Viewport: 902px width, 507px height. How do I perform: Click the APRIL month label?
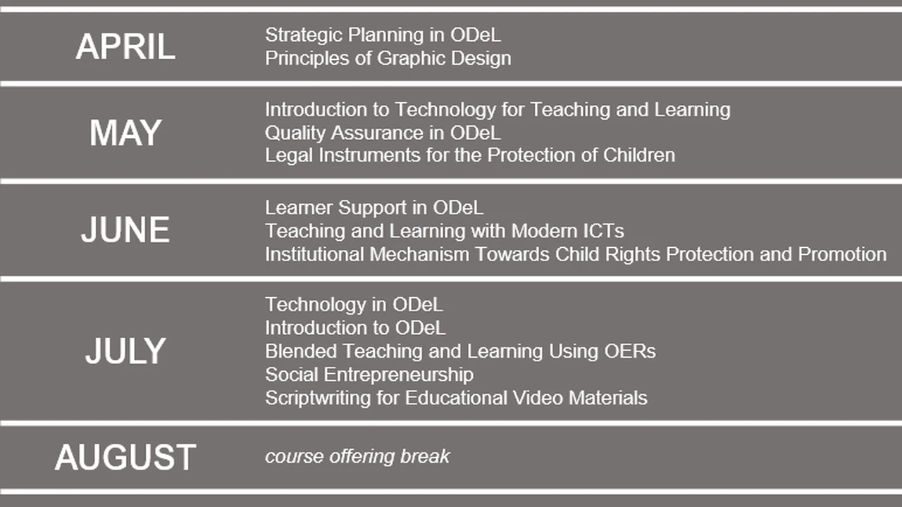click(x=125, y=46)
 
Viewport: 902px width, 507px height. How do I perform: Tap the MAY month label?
click(x=125, y=133)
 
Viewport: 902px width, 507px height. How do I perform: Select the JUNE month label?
click(x=125, y=230)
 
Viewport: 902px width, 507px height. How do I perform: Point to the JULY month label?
click(x=125, y=351)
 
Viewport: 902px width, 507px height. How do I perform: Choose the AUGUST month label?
click(x=125, y=457)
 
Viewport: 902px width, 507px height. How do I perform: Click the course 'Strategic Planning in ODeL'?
click(x=383, y=35)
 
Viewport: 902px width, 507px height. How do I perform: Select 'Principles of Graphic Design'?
click(x=388, y=58)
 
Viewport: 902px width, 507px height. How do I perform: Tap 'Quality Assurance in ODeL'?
click(x=383, y=133)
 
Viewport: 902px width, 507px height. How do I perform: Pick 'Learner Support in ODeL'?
click(x=374, y=208)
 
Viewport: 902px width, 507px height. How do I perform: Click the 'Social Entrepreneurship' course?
click(x=369, y=375)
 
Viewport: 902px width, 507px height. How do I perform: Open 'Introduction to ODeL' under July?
click(x=355, y=328)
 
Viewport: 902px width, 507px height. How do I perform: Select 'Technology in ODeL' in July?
click(x=354, y=305)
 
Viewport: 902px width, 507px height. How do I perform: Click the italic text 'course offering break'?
click(x=357, y=457)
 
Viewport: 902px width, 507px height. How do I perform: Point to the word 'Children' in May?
click(x=639, y=156)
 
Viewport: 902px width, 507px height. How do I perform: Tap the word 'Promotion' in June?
click(x=842, y=254)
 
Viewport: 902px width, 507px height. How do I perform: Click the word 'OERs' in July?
click(x=630, y=351)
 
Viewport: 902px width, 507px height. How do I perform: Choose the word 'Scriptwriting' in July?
click(x=318, y=398)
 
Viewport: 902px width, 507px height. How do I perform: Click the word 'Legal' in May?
click(x=289, y=156)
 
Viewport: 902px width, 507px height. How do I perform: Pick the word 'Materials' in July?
click(x=607, y=398)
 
